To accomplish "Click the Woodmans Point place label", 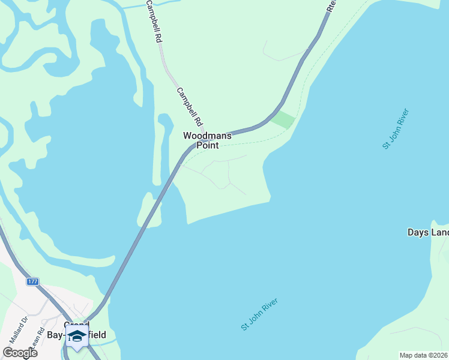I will tap(207, 140).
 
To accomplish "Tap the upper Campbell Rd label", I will tap(154, 20).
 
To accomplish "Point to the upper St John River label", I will tap(396, 128).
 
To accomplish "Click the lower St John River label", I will tap(261, 314).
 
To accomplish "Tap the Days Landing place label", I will tap(427, 232).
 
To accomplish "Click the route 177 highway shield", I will tap(32, 281).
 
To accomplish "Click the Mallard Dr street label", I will tap(16, 329).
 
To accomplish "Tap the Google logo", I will tap(20, 353).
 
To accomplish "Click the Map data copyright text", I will tap(424, 355).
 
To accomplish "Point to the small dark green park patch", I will tap(283, 119).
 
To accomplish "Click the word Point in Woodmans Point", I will tap(207, 145).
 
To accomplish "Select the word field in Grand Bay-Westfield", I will tap(97, 335).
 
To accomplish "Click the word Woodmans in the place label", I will tap(207, 136).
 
